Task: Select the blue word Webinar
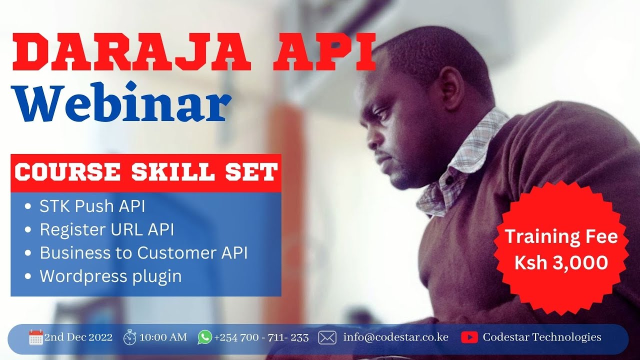pyautogui.click(x=122, y=103)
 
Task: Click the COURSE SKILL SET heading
pyautogui.click(x=145, y=172)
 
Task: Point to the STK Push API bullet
pyautogui.click(x=92, y=206)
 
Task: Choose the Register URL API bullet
pyautogui.click(x=107, y=229)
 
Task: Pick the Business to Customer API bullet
pyautogui.click(x=143, y=252)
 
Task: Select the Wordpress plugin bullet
pyautogui.click(x=110, y=276)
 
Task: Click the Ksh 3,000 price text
pyautogui.click(x=561, y=262)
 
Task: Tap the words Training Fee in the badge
pyautogui.click(x=561, y=236)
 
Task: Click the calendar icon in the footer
pyautogui.click(x=36, y=337)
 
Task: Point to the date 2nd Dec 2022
pyautogui.click(x=78, y=337)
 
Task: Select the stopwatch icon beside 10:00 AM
pyautogui.click(x=130, y=337)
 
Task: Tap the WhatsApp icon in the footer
pyautogui.click(x=204, y=337)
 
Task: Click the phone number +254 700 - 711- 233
pyautogui.click(x=261, y=337)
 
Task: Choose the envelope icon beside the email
pyautogui.click(x=327, y=337)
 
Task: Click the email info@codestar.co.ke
pyautogui.click(x=395, y=337)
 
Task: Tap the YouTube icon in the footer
pyautogui.click(x=469, y=337)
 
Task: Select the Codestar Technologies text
pyautogui.click(x=542, y=337)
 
